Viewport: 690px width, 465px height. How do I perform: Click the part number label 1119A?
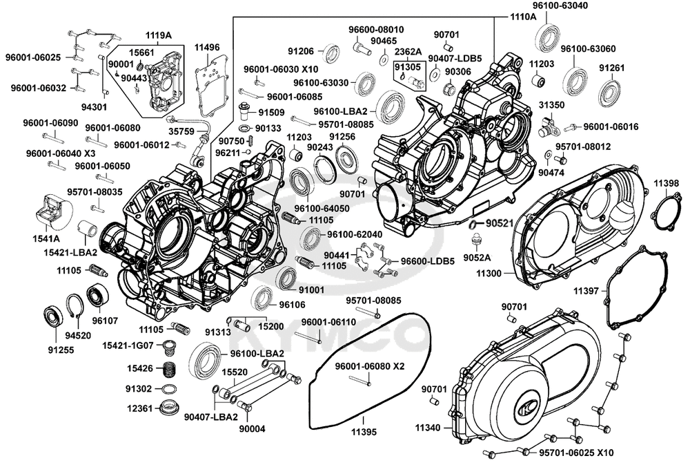tap(159, 35)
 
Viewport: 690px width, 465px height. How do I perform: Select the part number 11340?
tap(428, 428)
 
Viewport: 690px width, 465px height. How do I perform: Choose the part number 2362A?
tap(406, 52)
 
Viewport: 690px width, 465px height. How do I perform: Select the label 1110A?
tap(523, 15)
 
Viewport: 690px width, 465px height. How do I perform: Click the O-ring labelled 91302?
tap(168, 389)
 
